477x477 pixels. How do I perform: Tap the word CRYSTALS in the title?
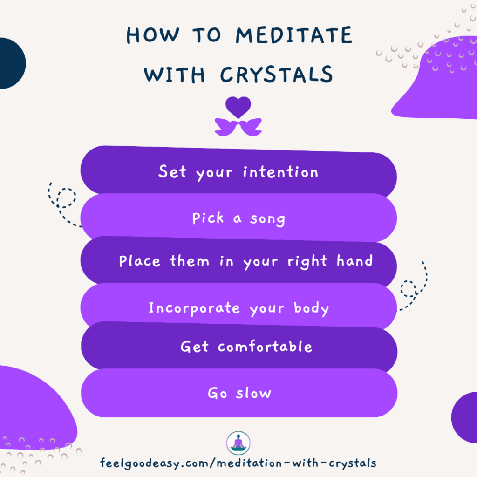pos(271,75)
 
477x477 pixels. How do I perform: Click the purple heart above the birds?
pos(238,107)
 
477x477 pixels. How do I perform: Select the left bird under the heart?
pos(226,127)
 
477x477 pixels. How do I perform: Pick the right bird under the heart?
pos(251,127)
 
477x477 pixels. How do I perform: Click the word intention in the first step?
pos(280,172)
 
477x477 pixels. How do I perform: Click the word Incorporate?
pos(194,308)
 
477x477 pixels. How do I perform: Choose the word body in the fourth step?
pos(311,308)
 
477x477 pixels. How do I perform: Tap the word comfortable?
pos(265,347)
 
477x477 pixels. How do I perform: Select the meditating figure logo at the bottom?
pos(238,443)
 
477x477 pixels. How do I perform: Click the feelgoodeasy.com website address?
pos(238,463)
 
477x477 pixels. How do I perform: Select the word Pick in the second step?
pos(208,218)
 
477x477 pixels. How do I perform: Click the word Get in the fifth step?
pos(194,347)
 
